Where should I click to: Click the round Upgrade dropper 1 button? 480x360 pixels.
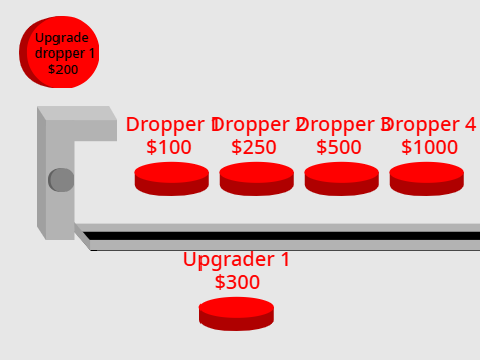(x=59, y=52)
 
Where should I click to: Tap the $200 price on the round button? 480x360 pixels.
(x=63, y=69)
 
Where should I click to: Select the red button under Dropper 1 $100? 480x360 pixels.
(x=172, y=179)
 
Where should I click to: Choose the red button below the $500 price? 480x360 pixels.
(x=342, y=179)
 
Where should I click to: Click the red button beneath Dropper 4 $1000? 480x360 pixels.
(x=427, y=179)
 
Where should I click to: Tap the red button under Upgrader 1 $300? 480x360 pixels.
(x=236, y=314)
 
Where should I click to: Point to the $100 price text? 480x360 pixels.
(x=169, y=147)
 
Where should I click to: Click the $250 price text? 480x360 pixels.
(x=254, y=147)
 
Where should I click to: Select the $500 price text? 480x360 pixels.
(x=339, y=147)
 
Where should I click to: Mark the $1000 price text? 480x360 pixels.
(x=429, y=147)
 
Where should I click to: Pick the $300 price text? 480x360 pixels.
(x=237, y=282)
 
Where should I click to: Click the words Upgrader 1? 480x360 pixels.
(x=236, y=260)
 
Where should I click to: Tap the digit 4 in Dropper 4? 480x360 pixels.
(x=470, y=124)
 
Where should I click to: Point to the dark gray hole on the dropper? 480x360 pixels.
(x=61, y=180)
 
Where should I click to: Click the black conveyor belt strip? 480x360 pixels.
(x=282, y=236)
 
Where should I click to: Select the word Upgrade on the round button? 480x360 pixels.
(x=62, y=38)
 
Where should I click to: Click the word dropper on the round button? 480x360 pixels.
(x=60, y=54)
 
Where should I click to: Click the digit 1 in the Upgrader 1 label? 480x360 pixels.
(x=285, y=259)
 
